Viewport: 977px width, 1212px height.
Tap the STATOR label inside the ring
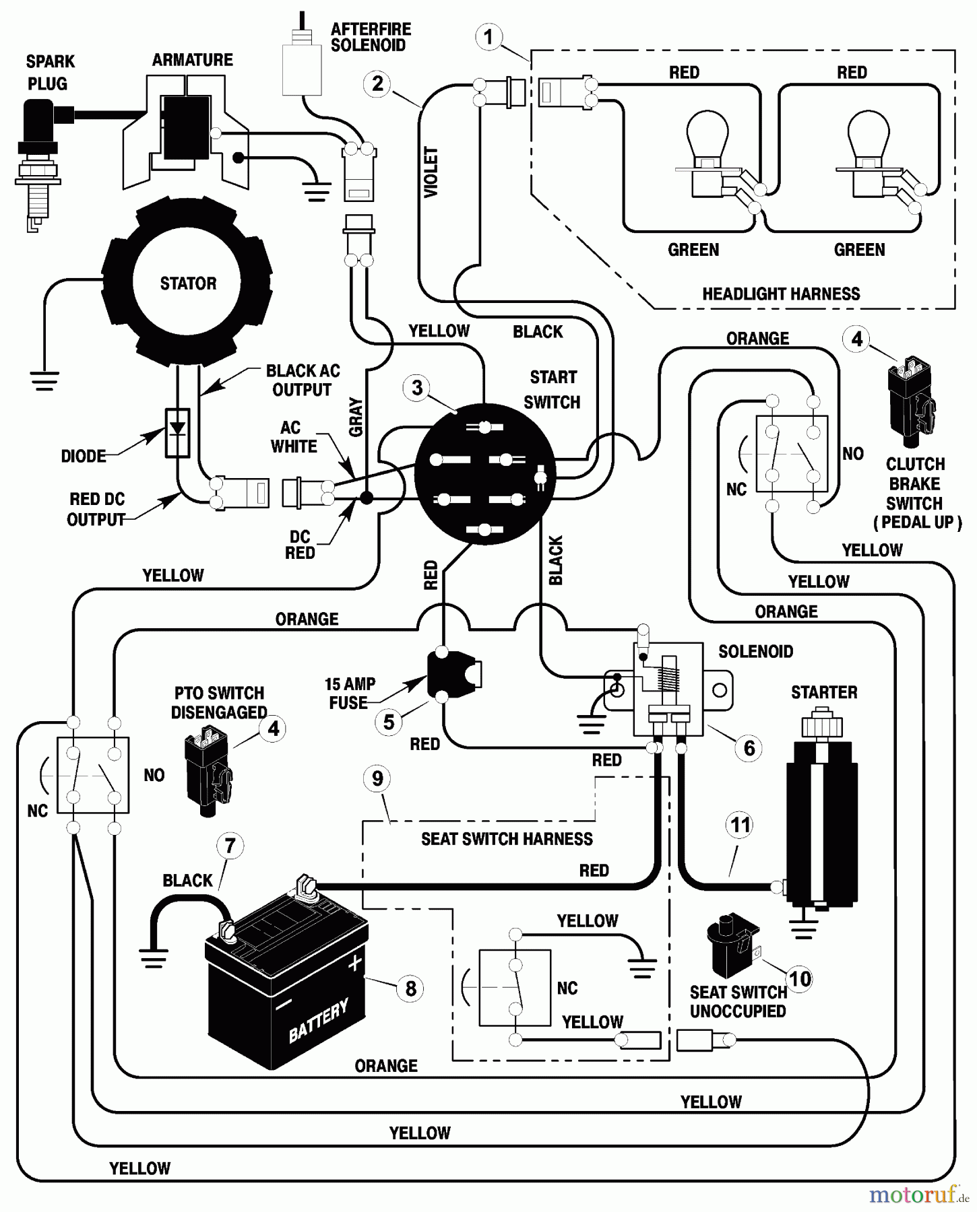[x=188, y=283]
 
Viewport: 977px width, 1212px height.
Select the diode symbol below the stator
[x=178, y=432]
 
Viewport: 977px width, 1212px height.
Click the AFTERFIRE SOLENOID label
[x=370, y=38]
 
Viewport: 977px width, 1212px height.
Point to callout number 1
[x=488, y=36]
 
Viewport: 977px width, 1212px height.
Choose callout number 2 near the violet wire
[x=377, y=84]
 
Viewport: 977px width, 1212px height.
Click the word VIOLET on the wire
[x=431, y=172]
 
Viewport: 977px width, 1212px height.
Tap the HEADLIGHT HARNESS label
[x=781, y=294]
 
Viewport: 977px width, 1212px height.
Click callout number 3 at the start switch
[x=417, y=388]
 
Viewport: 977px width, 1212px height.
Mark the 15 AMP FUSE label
[x=349, y=693]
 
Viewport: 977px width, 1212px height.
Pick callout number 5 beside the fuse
[x=389, y=722]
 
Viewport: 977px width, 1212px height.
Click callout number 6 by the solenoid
[x=749, y=747]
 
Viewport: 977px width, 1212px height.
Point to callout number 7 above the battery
[x=230, y=846]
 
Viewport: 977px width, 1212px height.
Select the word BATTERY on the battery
[x=319, y=1020]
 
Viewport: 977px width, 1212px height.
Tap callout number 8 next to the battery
[x=410, y=988]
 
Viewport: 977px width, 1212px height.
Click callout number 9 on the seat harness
[x=377, y=778]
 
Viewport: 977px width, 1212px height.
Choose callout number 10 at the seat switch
[x=800, y=978]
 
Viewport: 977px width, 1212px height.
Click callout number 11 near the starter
[x=740, y=825]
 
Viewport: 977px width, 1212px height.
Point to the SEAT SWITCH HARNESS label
[x=507, y=839]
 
